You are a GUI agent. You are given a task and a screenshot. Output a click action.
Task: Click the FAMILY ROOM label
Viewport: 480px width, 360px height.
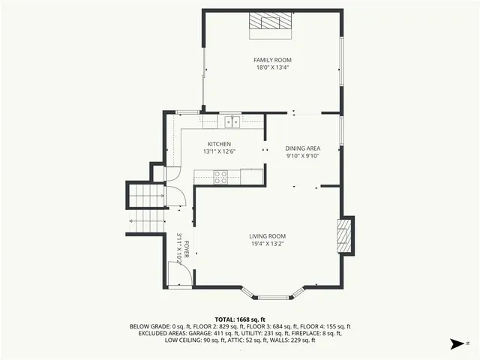pyautogui.click(x=272, y=60)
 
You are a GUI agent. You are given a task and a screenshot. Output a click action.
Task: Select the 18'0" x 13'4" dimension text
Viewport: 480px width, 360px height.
pyautogui.click(x=272, y=67)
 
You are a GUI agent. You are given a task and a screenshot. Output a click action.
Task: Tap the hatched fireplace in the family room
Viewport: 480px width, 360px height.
pyautogui.click(x=271, y=23)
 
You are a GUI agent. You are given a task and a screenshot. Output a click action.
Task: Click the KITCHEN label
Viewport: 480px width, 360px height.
pyautogui.click(x=219, y=144)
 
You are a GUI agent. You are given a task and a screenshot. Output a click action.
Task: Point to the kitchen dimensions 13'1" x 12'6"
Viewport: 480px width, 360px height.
pyautogui.click(x=219, y=151)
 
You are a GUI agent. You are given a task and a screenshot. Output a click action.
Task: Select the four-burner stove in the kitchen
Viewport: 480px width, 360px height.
pyautogui.click(x=221, y=177)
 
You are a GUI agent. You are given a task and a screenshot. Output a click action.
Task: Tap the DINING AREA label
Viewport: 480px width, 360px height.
pyautogui.click(x=303, y=148)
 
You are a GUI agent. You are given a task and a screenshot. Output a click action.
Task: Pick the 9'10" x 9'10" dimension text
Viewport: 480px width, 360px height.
pyautogui.click(x=303, y=157)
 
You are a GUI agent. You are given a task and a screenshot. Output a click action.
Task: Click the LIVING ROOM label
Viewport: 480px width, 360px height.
pyautogui.click(x=268, y=236)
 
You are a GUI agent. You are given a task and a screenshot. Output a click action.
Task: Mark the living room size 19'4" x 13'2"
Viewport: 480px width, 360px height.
pyautogui.click(x=268, y=244)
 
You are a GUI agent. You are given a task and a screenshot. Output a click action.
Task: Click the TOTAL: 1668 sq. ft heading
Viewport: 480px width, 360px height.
pyautogui.click(x=240, y=319)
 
